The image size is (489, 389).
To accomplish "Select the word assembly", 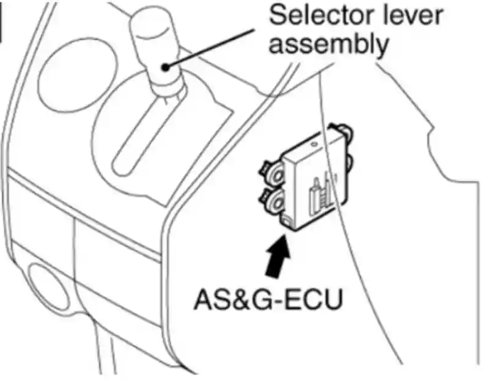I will pos(328,46).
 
